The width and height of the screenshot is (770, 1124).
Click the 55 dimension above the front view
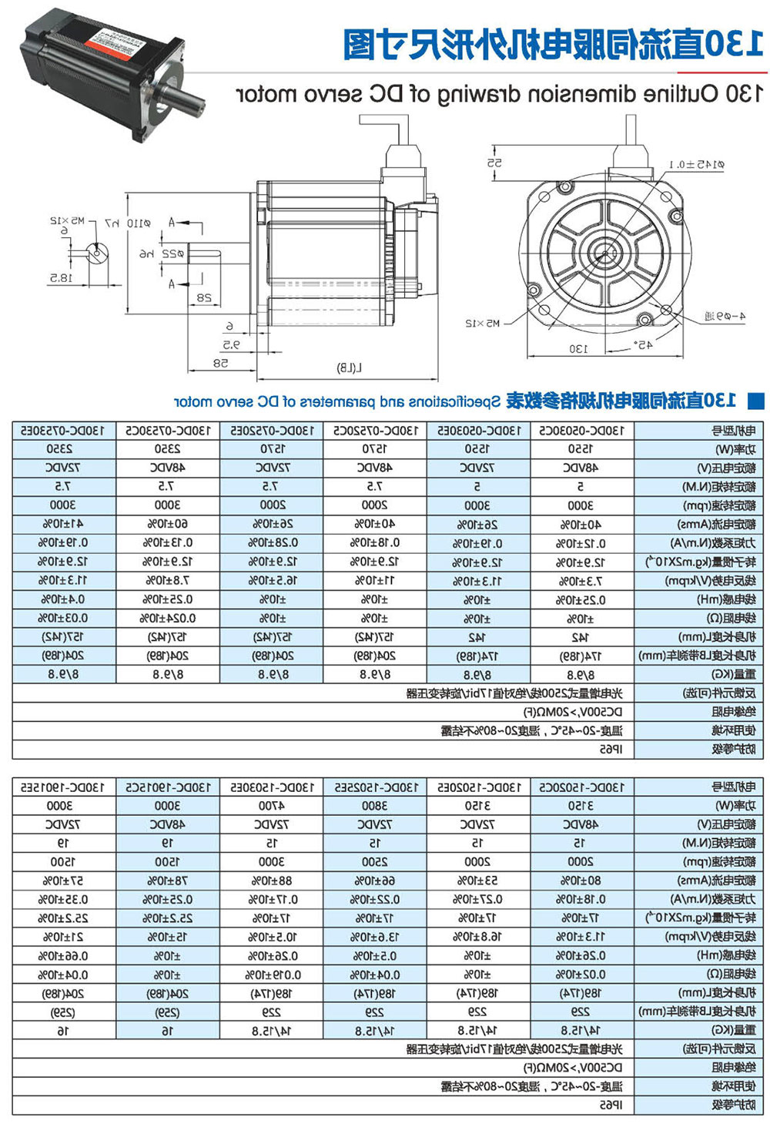[x=494, y=163]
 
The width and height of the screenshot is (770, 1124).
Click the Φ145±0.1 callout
[x=696, y=165]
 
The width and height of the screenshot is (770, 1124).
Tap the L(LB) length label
[x=349, y=368]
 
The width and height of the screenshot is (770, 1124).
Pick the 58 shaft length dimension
[x=220, y=363]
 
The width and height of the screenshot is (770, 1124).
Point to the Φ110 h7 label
[x=125, y=223]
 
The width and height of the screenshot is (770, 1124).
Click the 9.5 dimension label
[x=231, y=344]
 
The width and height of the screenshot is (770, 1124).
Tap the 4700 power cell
[x=272, y=807]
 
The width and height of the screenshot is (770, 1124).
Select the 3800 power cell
[x=374, y=807]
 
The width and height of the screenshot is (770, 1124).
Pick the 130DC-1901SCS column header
[x=168, y=787]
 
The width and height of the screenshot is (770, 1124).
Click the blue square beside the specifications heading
[x=756, y=401]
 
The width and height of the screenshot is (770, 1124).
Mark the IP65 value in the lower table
[x=611, y=1106]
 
